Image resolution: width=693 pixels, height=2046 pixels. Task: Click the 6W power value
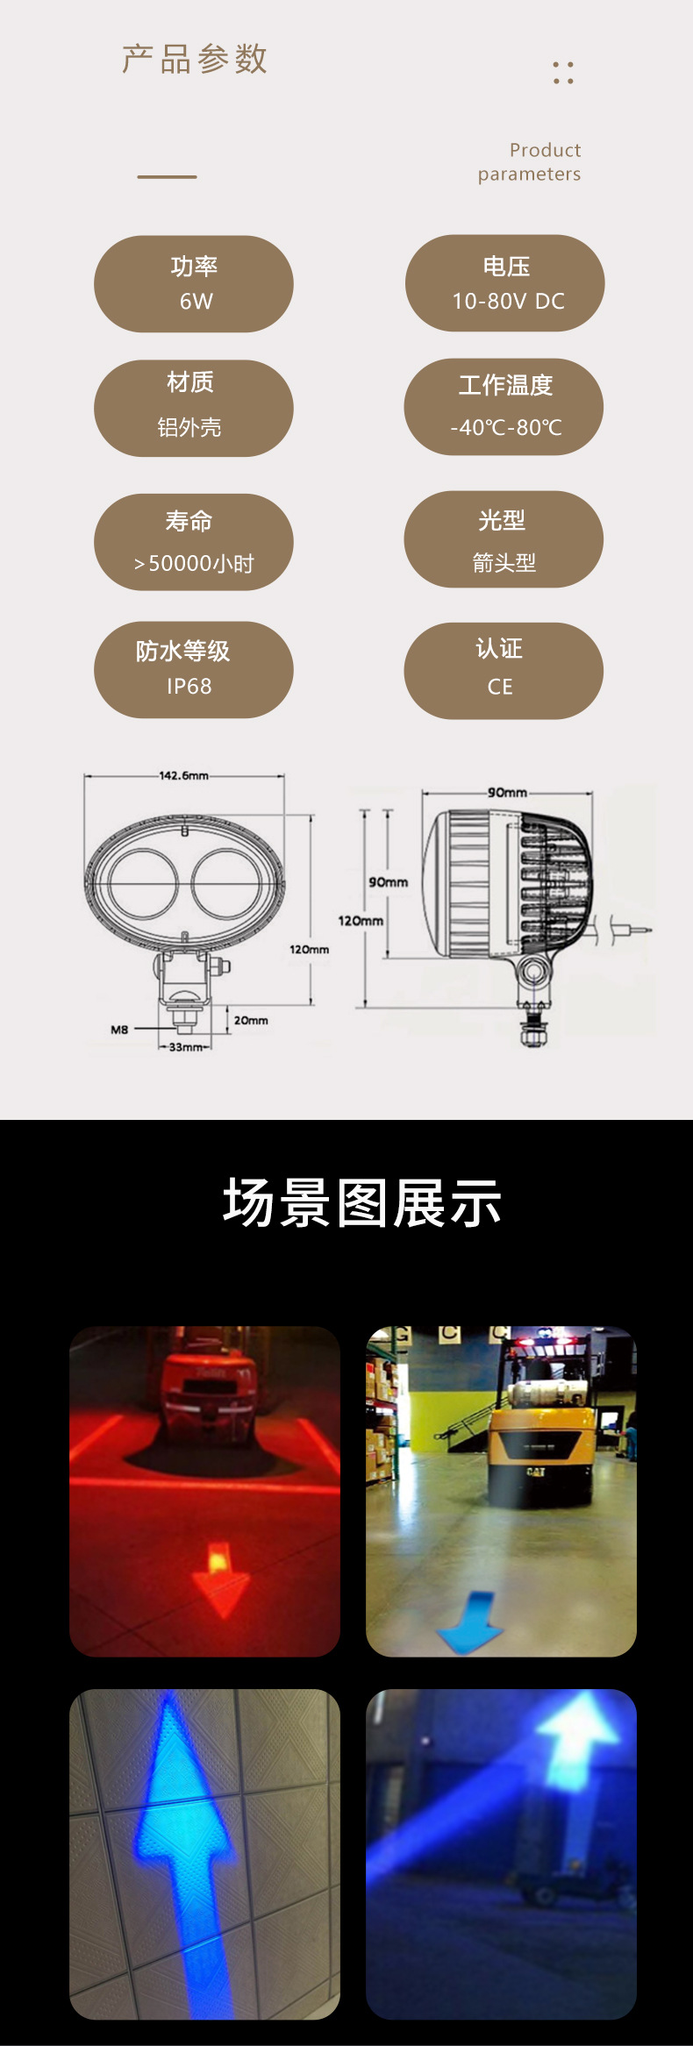[196, 302]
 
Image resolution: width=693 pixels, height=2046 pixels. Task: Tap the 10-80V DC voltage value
[508, 302]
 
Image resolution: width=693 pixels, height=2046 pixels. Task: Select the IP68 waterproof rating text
[189, 687]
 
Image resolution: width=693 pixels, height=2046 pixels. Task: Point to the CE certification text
[500, 687]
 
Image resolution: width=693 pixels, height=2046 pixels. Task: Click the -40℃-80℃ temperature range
[506, 428]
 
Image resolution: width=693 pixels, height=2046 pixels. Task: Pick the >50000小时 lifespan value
[194, 563]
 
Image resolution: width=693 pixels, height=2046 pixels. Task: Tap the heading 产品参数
[195, 60]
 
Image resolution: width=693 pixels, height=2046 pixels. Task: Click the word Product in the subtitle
[545, 150]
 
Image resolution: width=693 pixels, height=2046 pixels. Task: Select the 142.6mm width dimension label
[183, 776]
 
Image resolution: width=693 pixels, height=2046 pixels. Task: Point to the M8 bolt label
[119, 1030]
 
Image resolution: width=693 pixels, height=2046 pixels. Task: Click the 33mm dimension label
[185, 1047]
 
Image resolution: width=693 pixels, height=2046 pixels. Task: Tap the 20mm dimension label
[251, 1021]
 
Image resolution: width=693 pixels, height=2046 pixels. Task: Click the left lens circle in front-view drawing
[144, 884]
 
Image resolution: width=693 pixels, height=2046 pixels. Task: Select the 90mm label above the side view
[507, 793]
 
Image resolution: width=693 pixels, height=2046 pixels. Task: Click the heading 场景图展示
[362, 1203]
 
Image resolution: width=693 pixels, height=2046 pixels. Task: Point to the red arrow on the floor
[220, 1578]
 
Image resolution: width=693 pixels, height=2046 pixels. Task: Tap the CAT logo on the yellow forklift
[536, 1472]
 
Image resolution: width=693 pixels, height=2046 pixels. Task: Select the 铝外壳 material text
[189, 428]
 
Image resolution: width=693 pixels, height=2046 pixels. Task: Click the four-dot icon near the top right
[563, 73]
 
